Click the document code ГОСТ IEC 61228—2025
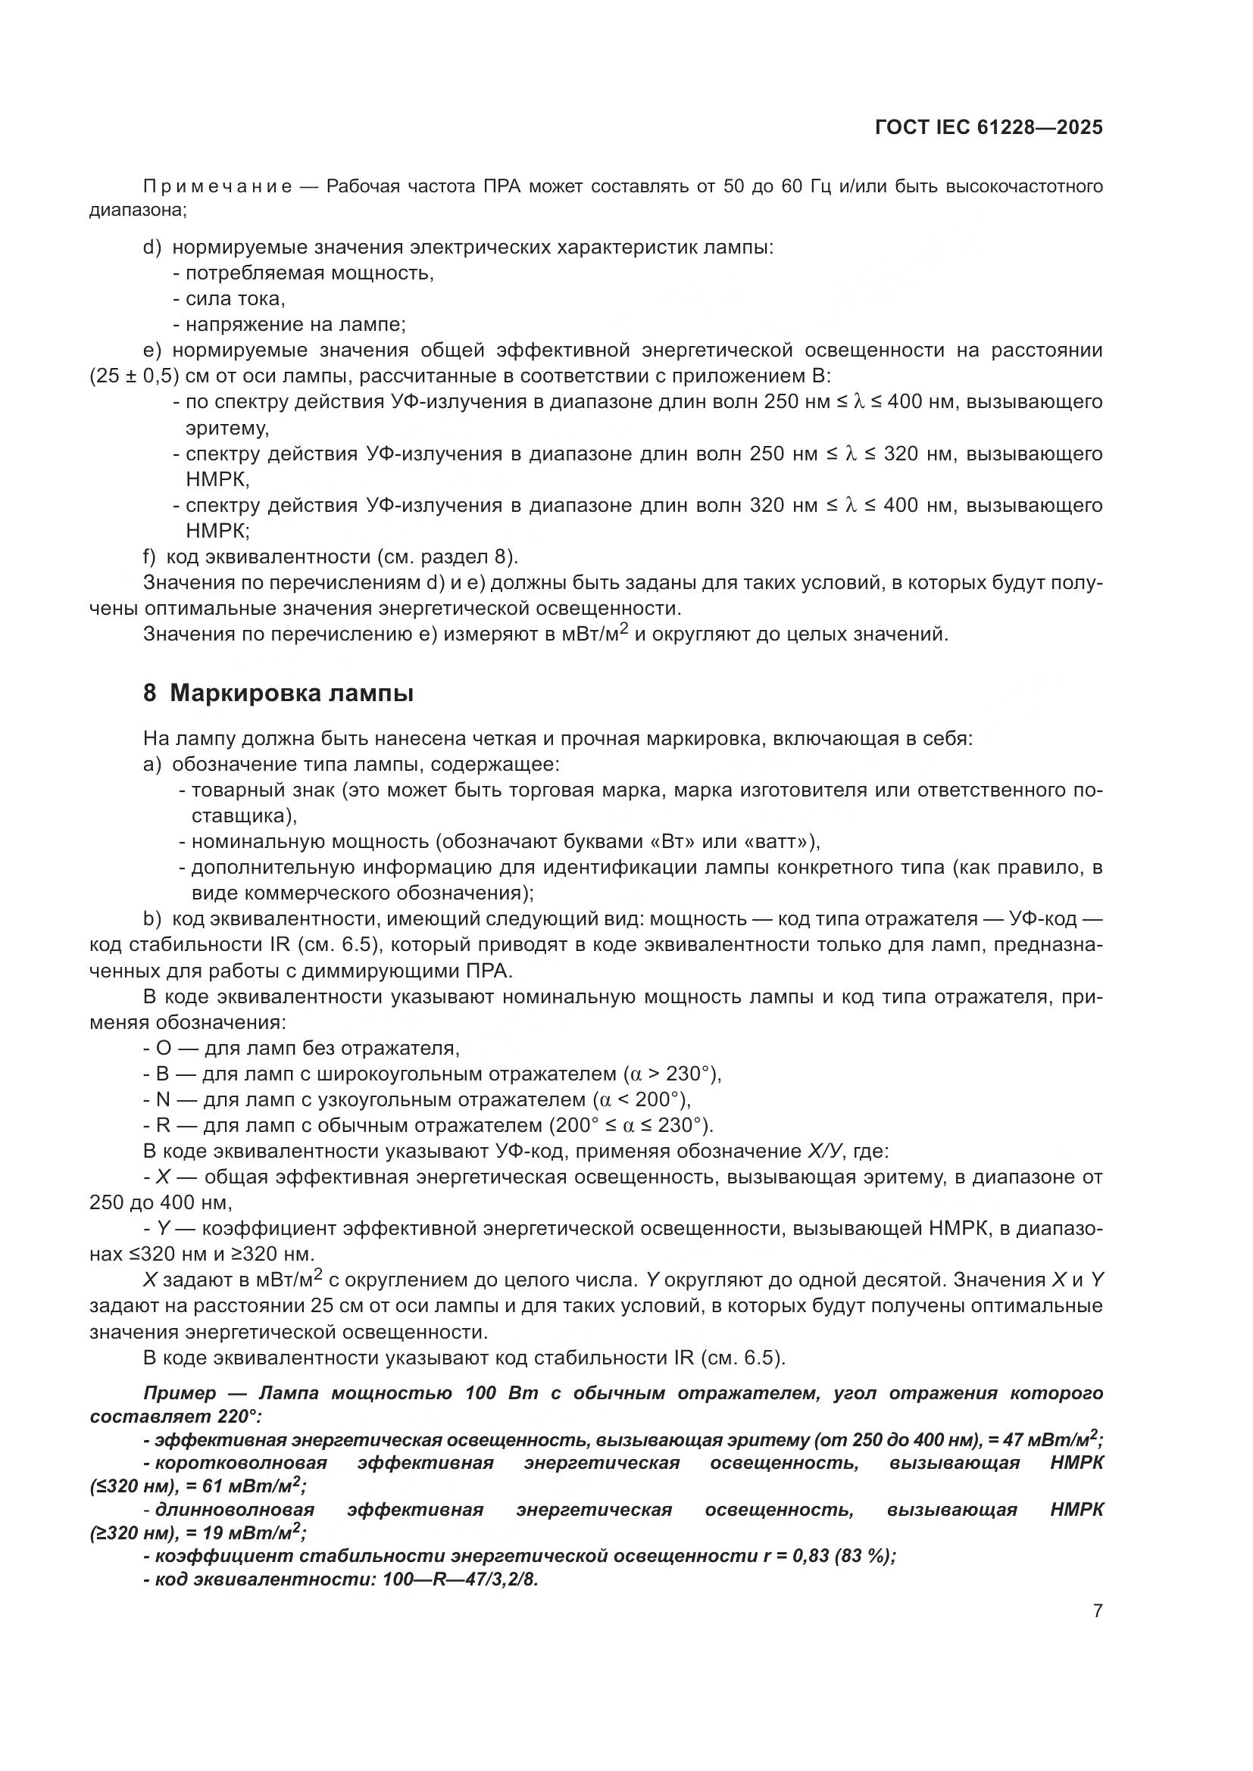click(989, 127)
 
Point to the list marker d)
click(152, 248)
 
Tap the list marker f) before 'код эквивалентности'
click(150, 557)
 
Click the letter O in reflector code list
click(163, 1048)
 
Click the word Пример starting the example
click(180, 1393)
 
